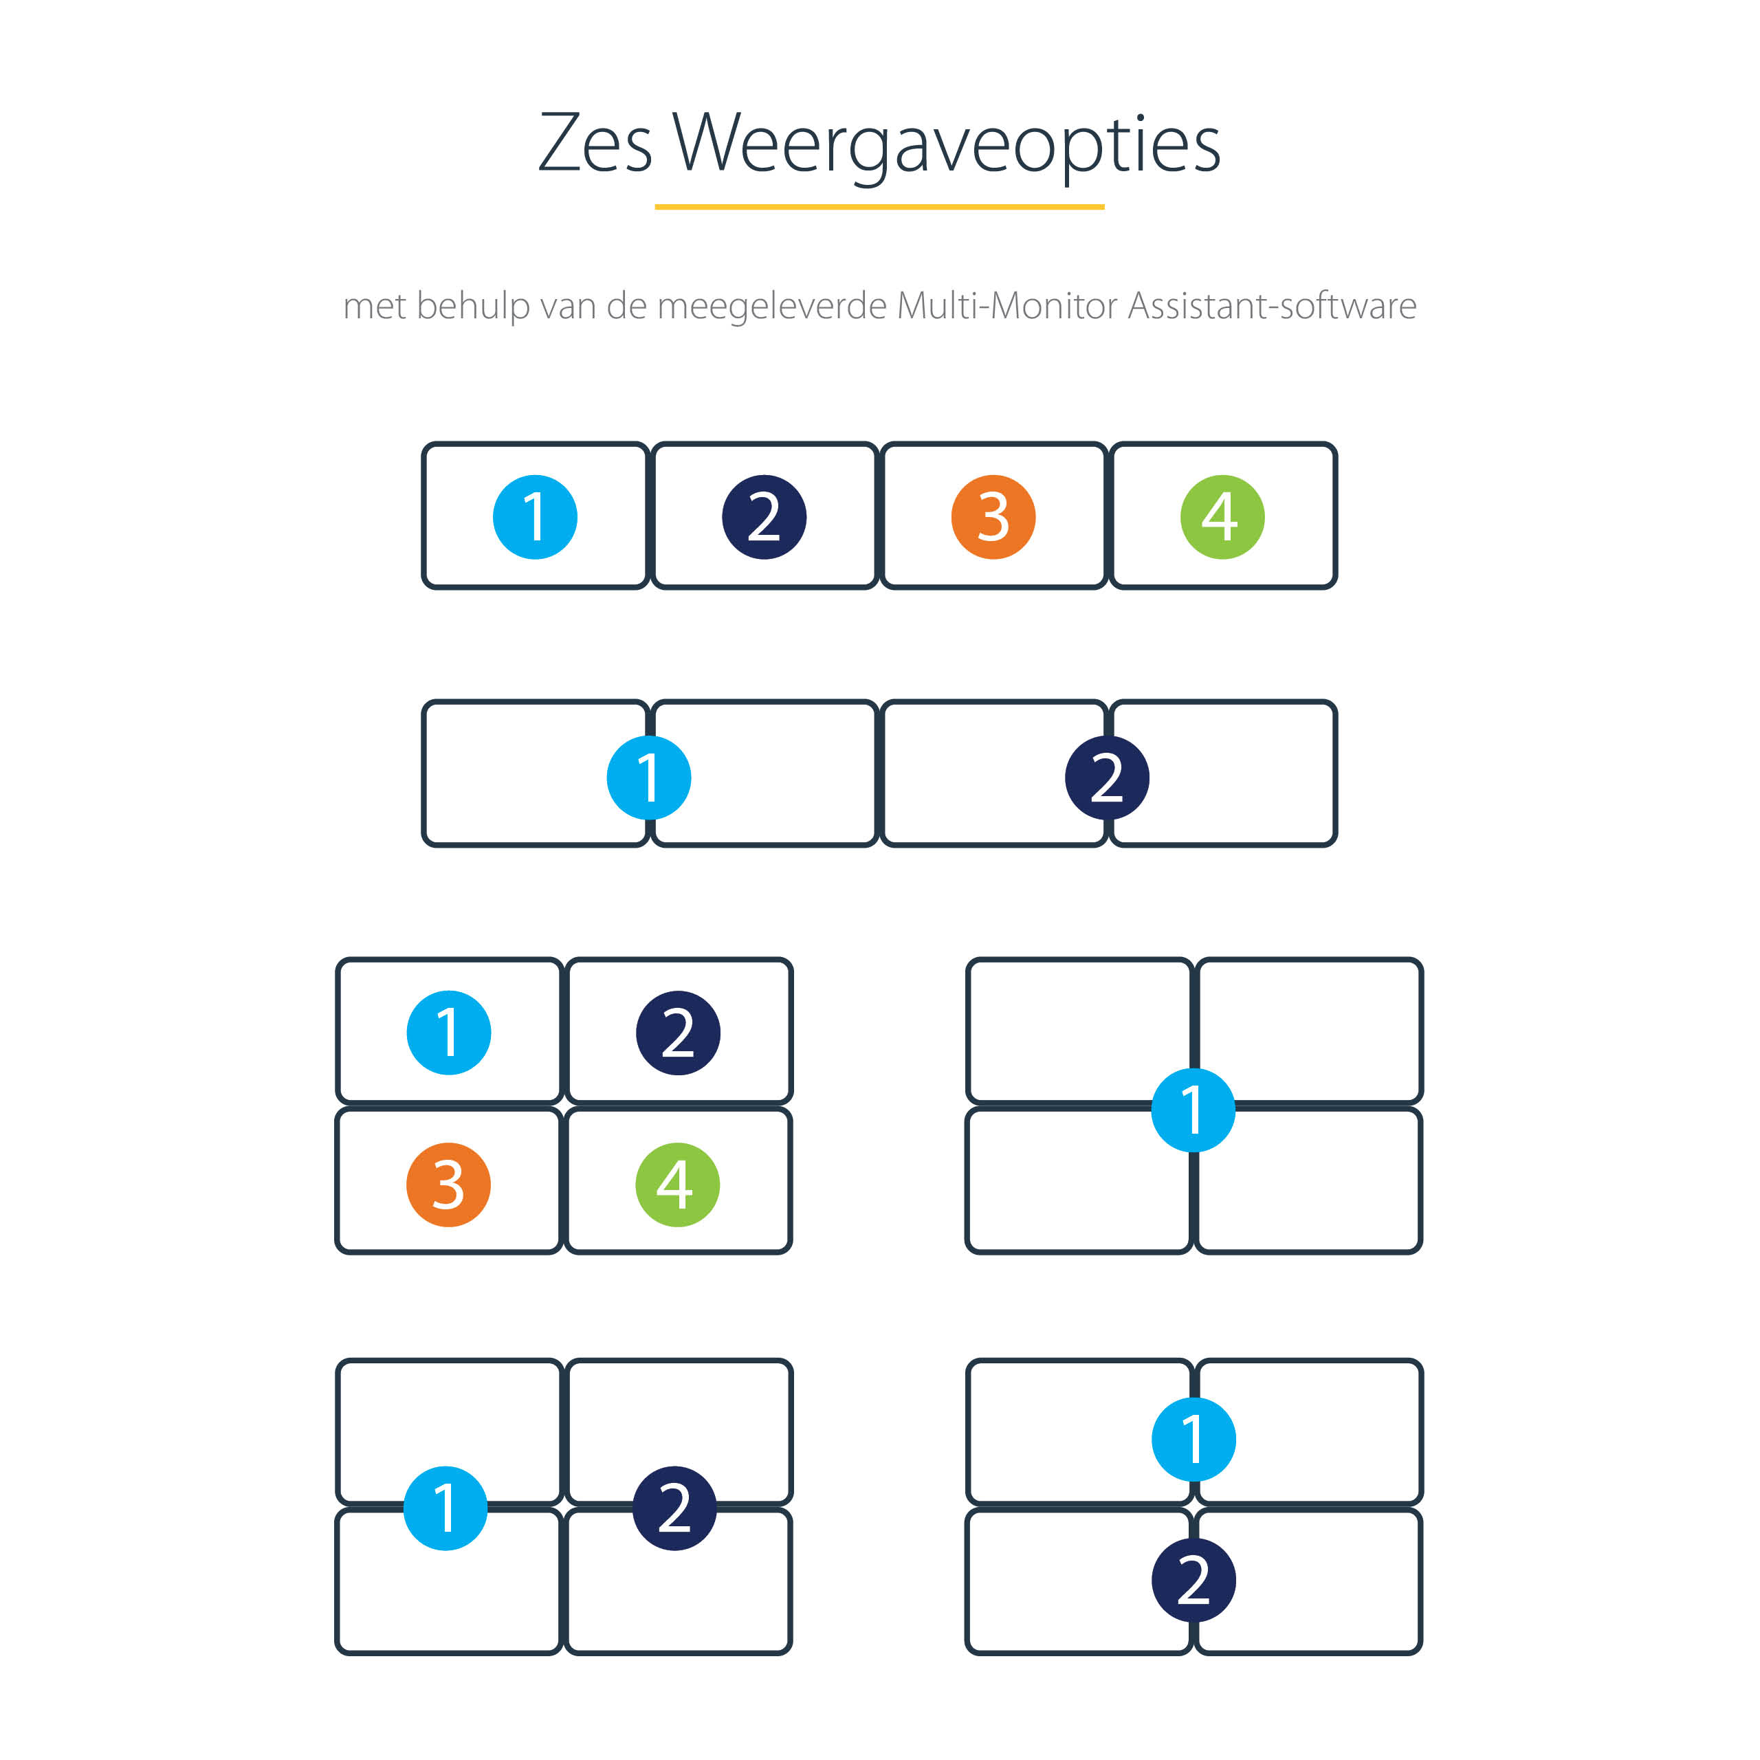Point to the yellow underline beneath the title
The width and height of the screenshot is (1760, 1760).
click(x=879, y=207)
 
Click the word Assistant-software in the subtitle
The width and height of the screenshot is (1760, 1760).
click(x=1272, y=305)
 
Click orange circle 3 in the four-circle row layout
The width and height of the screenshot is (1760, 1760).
click(x=993, y=516)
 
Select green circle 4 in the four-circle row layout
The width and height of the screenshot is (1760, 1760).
click(x=1222, y=516)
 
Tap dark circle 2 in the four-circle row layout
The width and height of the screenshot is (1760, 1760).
click(x=764, y=516)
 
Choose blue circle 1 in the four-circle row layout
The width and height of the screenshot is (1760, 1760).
click(x=535, y=516)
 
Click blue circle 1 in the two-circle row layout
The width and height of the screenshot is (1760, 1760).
click(x=648, y=777)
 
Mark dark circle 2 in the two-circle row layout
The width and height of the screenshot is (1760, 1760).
click(x=1107, y=777)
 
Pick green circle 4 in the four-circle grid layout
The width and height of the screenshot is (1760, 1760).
click(x=678, y=1185)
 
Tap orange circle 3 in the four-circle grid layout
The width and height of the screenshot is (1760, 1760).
click(x=448, y=1185)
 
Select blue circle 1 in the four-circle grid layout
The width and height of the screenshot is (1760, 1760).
click(x=448, y=1032)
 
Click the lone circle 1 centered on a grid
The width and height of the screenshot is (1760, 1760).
click(x=1193, y=1110)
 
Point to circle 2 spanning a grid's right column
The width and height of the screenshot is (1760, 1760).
click(x=674, y=1508)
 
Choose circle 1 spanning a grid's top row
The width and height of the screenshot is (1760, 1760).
click(x=1193, y=1440)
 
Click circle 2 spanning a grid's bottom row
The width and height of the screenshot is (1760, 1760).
click(x=1193, y=1580)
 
